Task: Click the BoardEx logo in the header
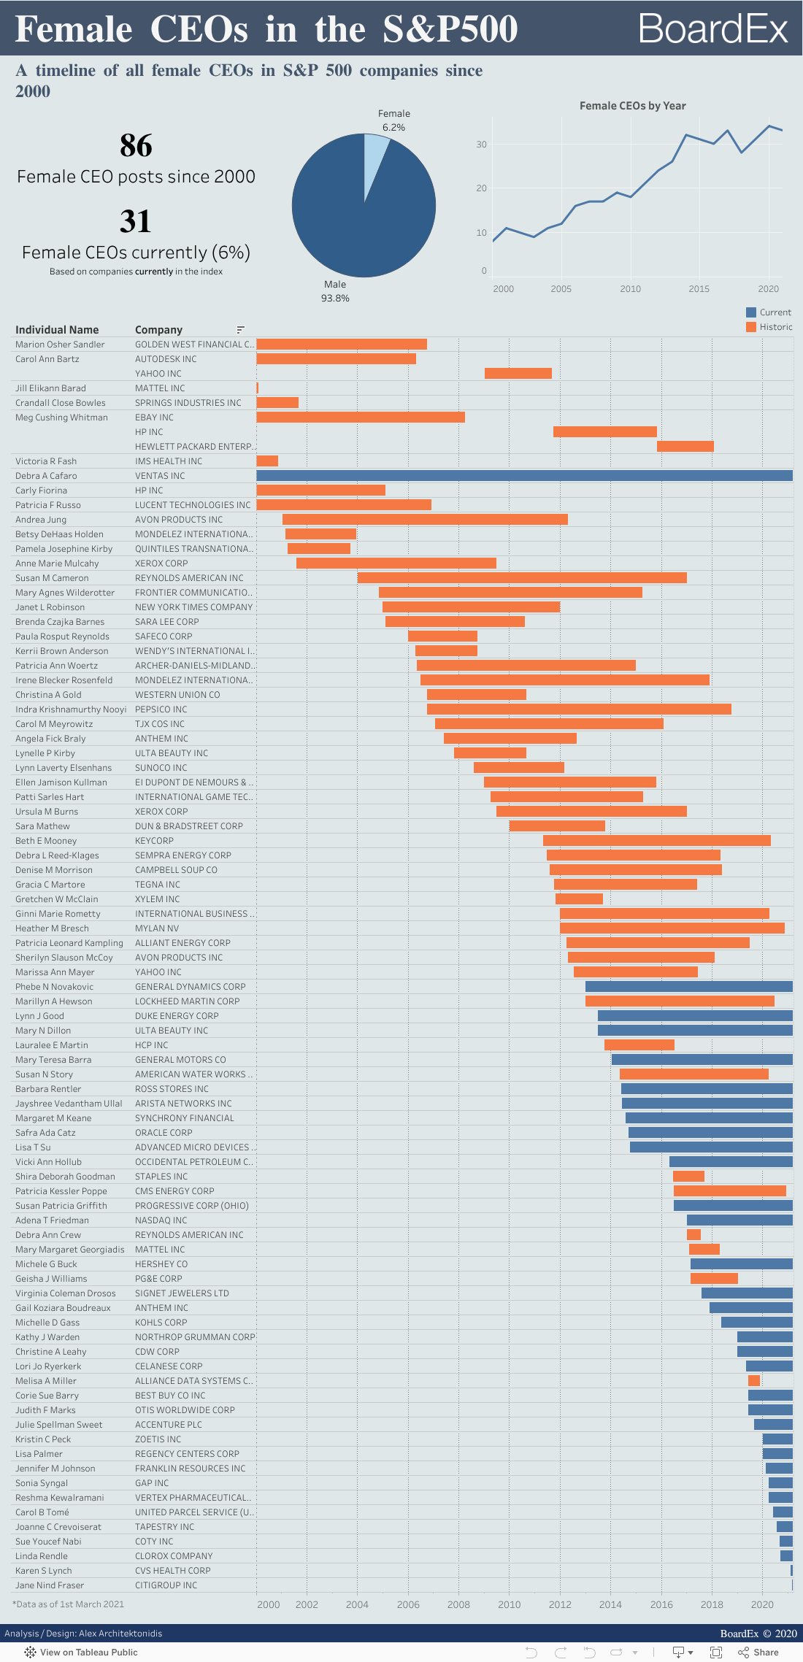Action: [x=712, y=29]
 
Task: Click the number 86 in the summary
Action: [x=136, y=145]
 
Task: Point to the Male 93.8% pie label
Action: [x=335, y=291]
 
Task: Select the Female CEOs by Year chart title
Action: [x=632, y=106]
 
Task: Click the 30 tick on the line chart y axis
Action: [x=481, y=145]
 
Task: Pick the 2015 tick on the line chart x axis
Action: [x=699, y=289]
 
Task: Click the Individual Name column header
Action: [x=57, y=330]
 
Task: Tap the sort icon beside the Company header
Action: [x=240, y=330]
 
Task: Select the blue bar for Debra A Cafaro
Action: [x=524, y=476]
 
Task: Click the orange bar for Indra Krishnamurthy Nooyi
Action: [x=579, y=709]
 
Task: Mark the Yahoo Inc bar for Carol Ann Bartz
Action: [x=518, y=374]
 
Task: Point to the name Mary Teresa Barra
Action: [x=53, y=1060]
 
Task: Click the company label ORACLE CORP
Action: [x=164, y=1133]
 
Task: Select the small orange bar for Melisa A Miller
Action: [x=753, y=1381]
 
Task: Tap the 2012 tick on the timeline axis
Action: [x=560, y=1604]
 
